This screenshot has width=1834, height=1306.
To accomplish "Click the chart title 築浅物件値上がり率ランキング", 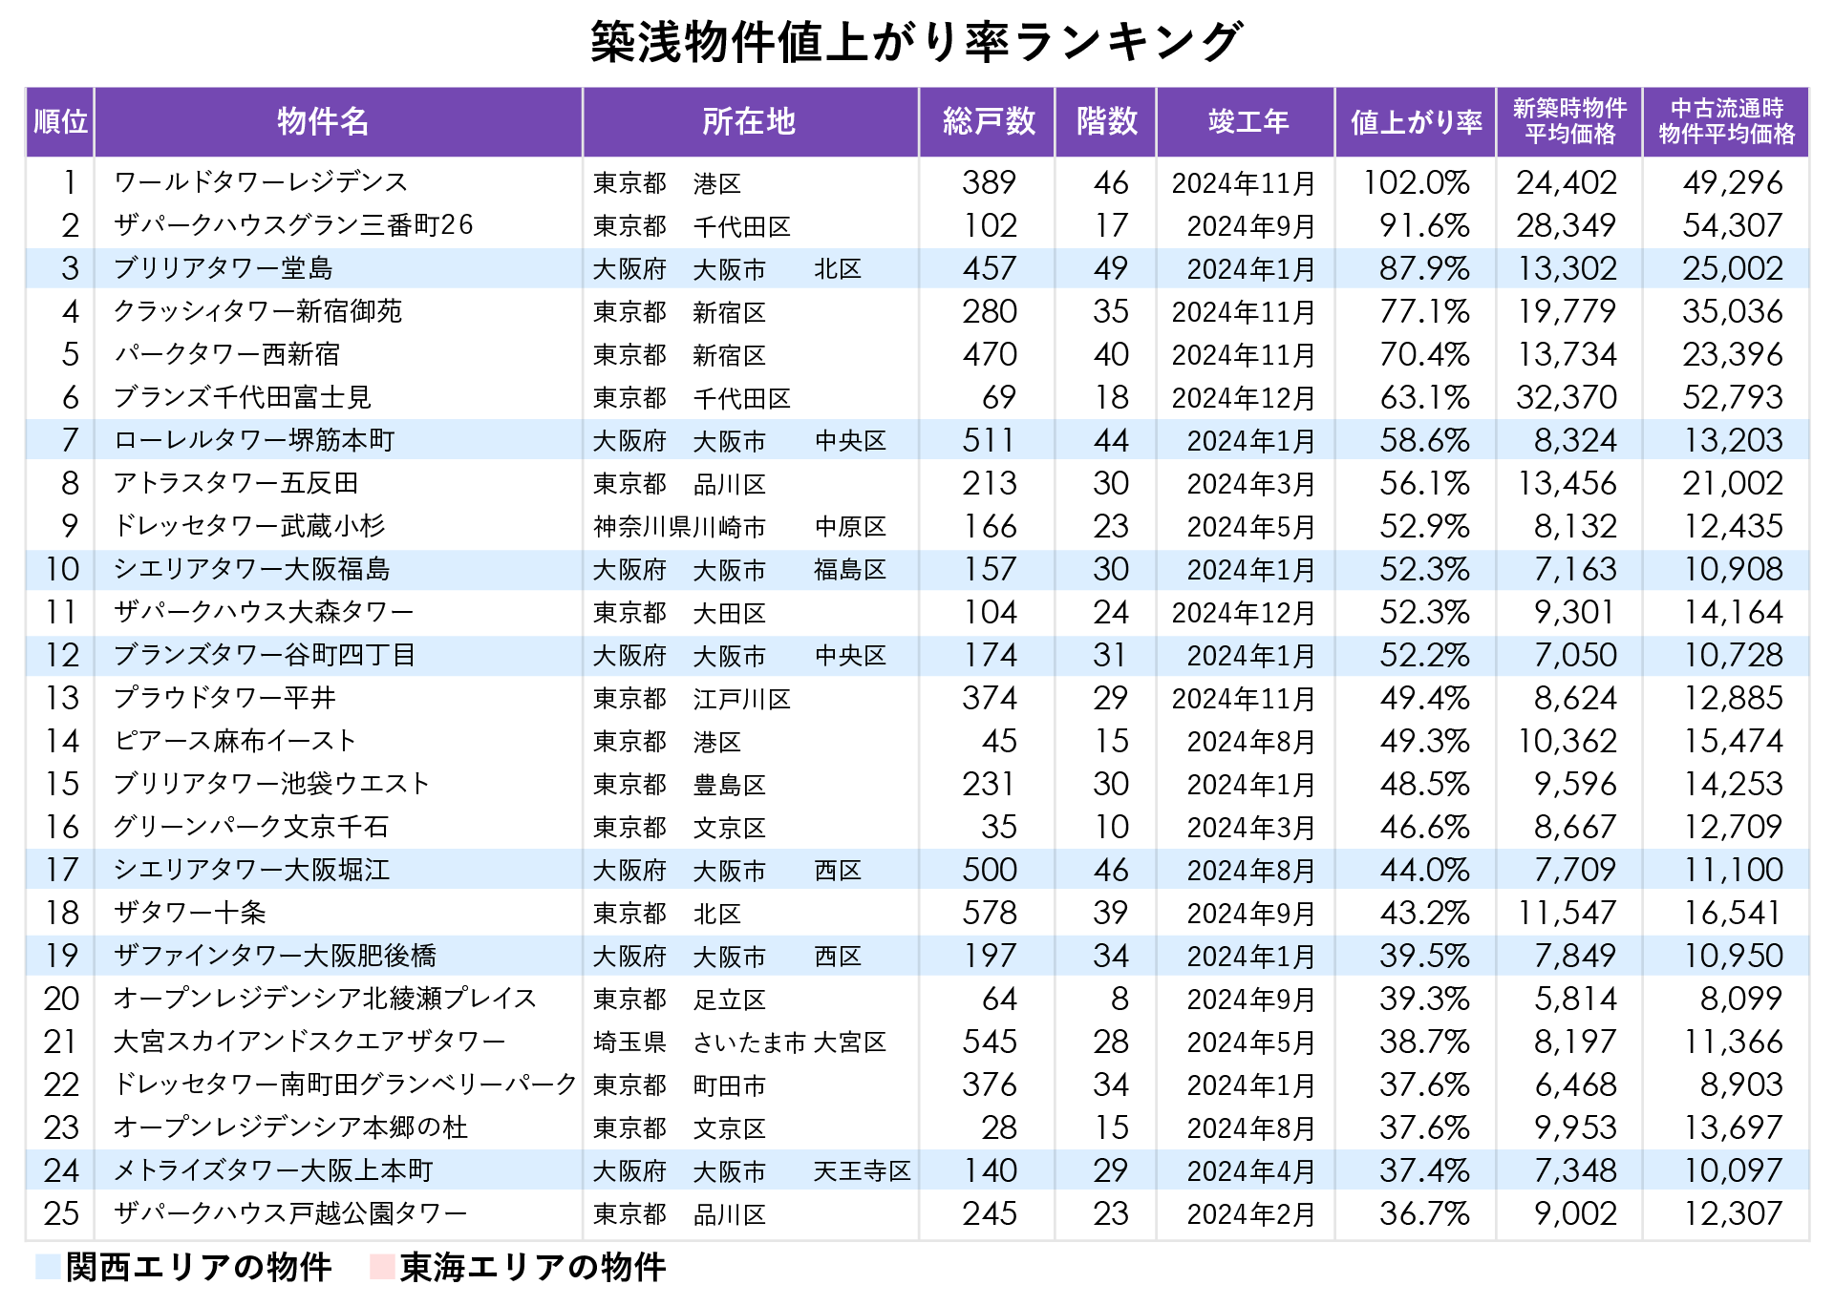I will click(916, 43).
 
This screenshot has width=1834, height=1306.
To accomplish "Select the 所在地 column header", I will click(749, 122).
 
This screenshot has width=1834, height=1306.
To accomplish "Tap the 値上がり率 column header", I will click(1416, 122).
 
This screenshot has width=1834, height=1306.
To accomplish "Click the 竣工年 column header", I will click(1248, 122).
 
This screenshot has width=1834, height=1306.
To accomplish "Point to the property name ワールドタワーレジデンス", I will click(261, 182).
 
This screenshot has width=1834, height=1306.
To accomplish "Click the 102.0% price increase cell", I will click(1416, 182).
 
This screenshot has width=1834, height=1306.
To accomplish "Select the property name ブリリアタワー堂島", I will click(223, 268).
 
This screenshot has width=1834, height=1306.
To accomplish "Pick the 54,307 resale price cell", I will click(1732, 225).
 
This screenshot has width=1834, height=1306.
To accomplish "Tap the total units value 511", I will click(989, 440).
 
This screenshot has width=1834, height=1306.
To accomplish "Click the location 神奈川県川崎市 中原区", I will click(739, 526).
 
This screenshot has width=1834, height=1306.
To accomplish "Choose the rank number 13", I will click(62, 698).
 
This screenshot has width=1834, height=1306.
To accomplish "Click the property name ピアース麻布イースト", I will click(234, 741).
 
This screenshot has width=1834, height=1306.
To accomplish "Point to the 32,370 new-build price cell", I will click(1567, 397).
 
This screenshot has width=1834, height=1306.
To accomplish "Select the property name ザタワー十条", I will click(189, 913).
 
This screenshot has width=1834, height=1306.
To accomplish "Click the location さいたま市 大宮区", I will click(789, 1042).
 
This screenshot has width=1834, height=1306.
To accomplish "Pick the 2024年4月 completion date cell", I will click(1250, 1170).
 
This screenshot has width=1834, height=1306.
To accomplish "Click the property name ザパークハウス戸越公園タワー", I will click(290, 1213).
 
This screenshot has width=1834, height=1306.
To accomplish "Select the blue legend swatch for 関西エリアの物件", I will click(48, 1267).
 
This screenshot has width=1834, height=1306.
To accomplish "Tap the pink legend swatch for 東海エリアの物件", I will click(382, 1267).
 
